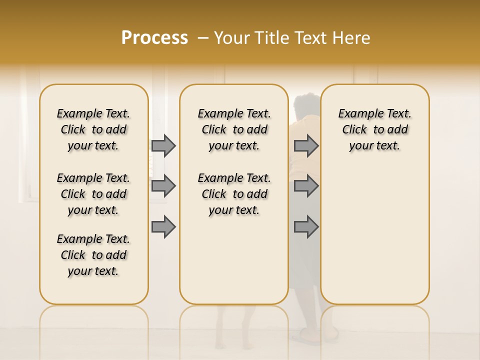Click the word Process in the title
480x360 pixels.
154,38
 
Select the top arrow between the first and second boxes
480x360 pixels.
163,145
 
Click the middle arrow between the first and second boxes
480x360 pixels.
163,186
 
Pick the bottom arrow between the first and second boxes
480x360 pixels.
163,227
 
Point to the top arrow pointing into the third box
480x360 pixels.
306,145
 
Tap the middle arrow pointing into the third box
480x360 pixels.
306,186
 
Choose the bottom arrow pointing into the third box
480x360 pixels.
306,227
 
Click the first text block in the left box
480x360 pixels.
93,129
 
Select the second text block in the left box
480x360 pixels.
93,194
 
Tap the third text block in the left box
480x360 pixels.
93,255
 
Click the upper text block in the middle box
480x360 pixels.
234,129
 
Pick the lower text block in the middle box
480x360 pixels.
234,194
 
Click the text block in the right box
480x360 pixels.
374,129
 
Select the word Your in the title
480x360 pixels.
231,38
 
